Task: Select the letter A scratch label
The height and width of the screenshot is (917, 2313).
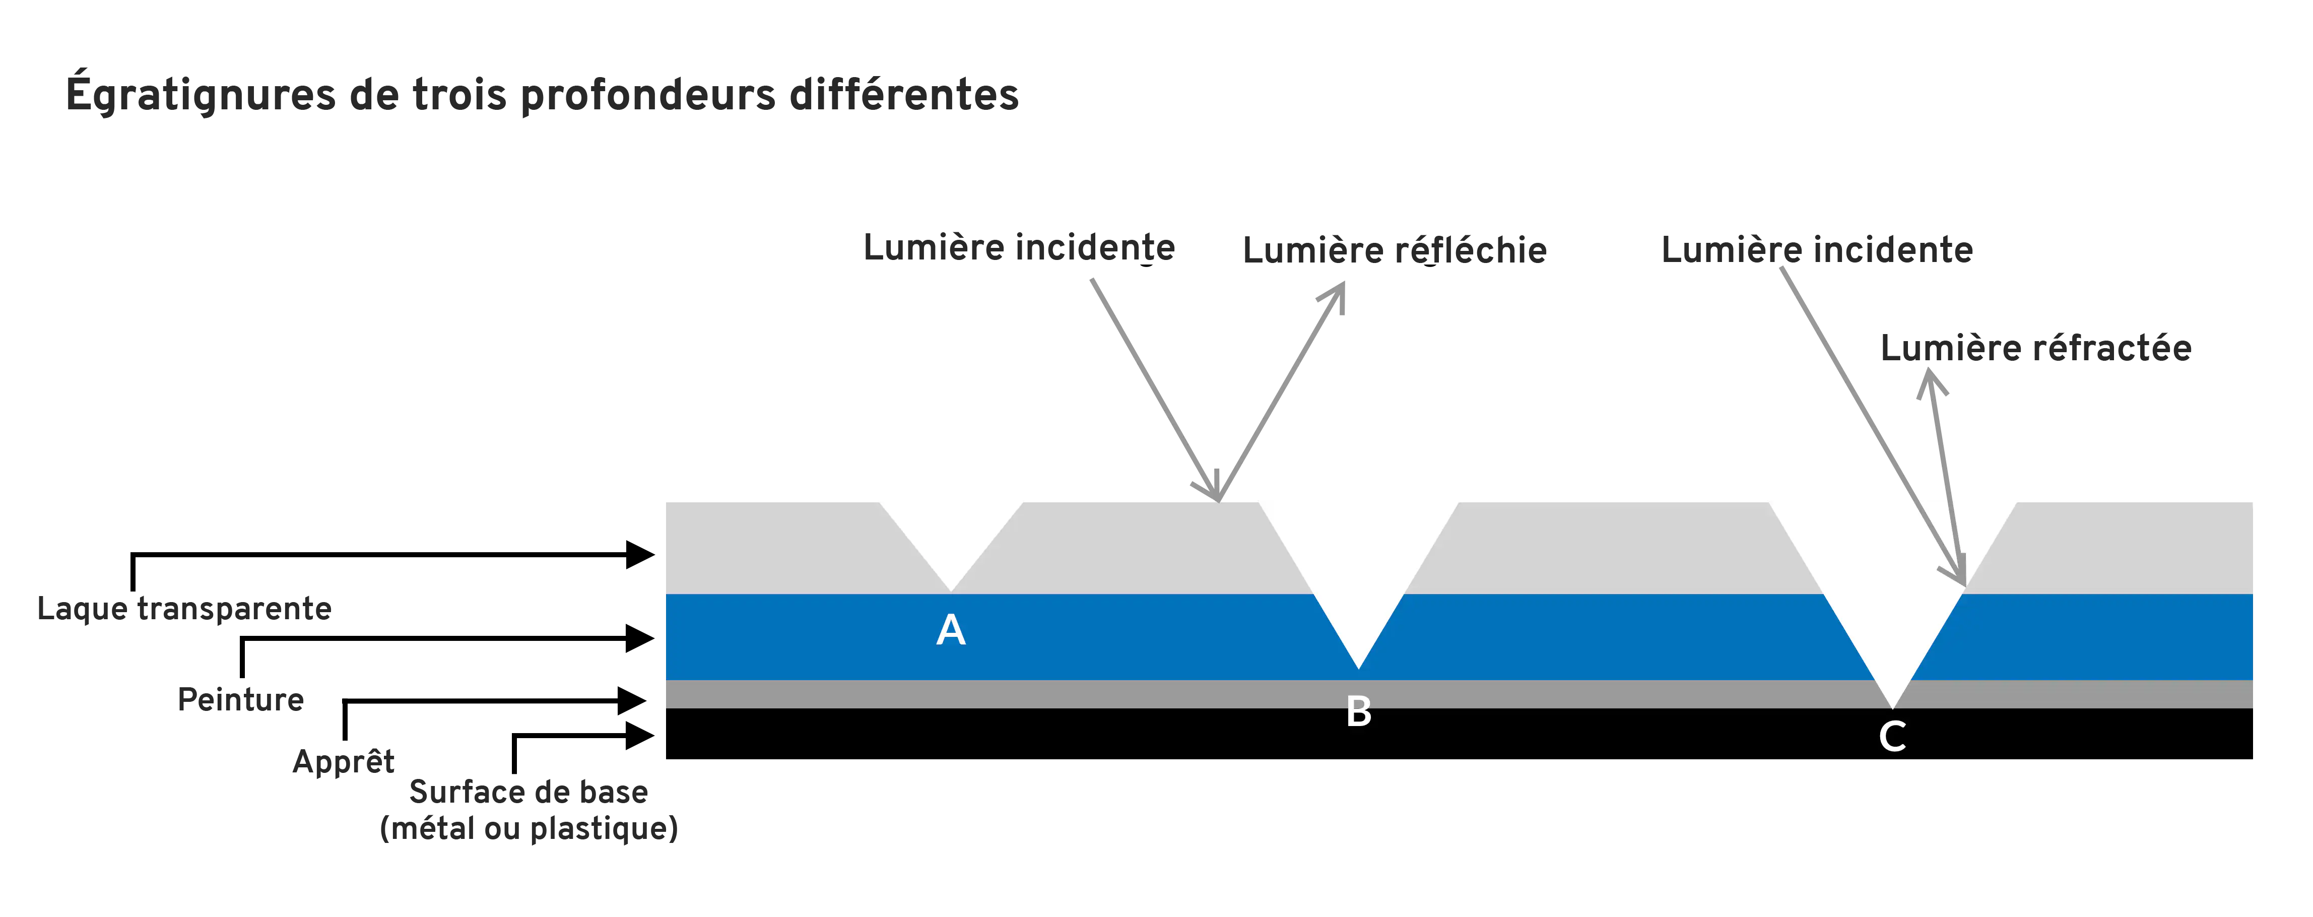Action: pos(951,630)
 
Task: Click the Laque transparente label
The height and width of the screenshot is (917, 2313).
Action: pos(184,609)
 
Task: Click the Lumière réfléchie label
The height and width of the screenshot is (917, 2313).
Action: pos(1395,250)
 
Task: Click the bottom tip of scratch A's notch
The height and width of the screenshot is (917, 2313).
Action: pos(951,592)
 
